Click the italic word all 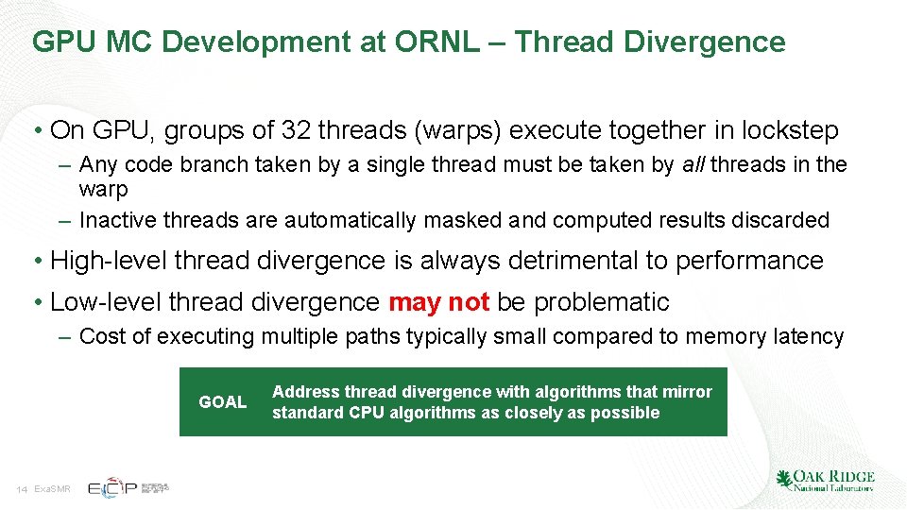point(694,165)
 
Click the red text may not point(438,302)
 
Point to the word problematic point(602,302)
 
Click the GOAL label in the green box point(223,402)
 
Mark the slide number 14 point(22,489)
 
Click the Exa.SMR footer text point(52,489)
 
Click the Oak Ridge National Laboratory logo point(824,481)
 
